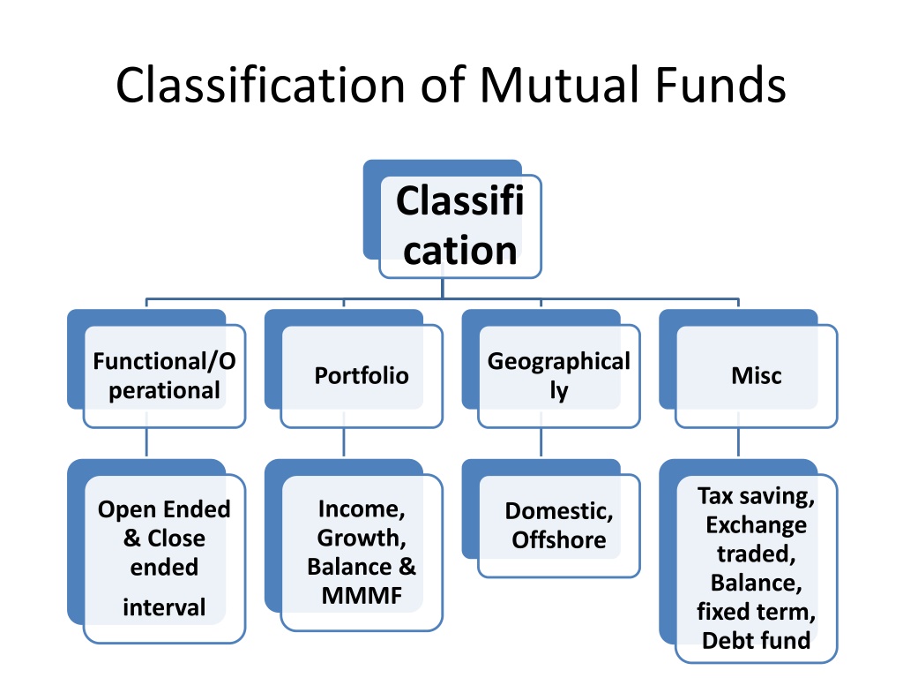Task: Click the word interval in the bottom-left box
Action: [164, 607]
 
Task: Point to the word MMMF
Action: [362, 596]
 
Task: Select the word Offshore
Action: [558, 540]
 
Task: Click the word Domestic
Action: [558, 511]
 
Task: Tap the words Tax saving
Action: [756, 496]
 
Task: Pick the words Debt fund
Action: [756, 641]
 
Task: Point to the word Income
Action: [362, 509]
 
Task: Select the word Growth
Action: [362, 538]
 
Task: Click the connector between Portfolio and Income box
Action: [344, 442]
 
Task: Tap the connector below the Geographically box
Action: [541, 442]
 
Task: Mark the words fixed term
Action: [756, 612]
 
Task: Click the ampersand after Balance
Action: [407, 567]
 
